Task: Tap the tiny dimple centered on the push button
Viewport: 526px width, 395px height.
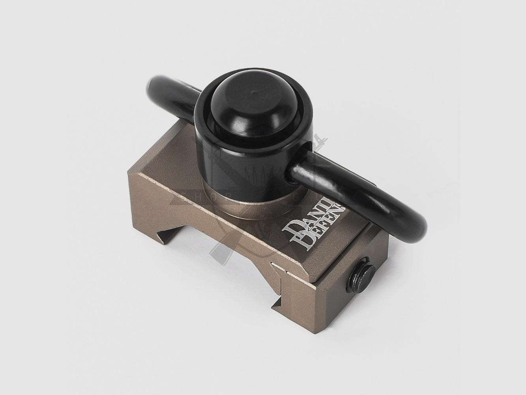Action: (253, 94)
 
